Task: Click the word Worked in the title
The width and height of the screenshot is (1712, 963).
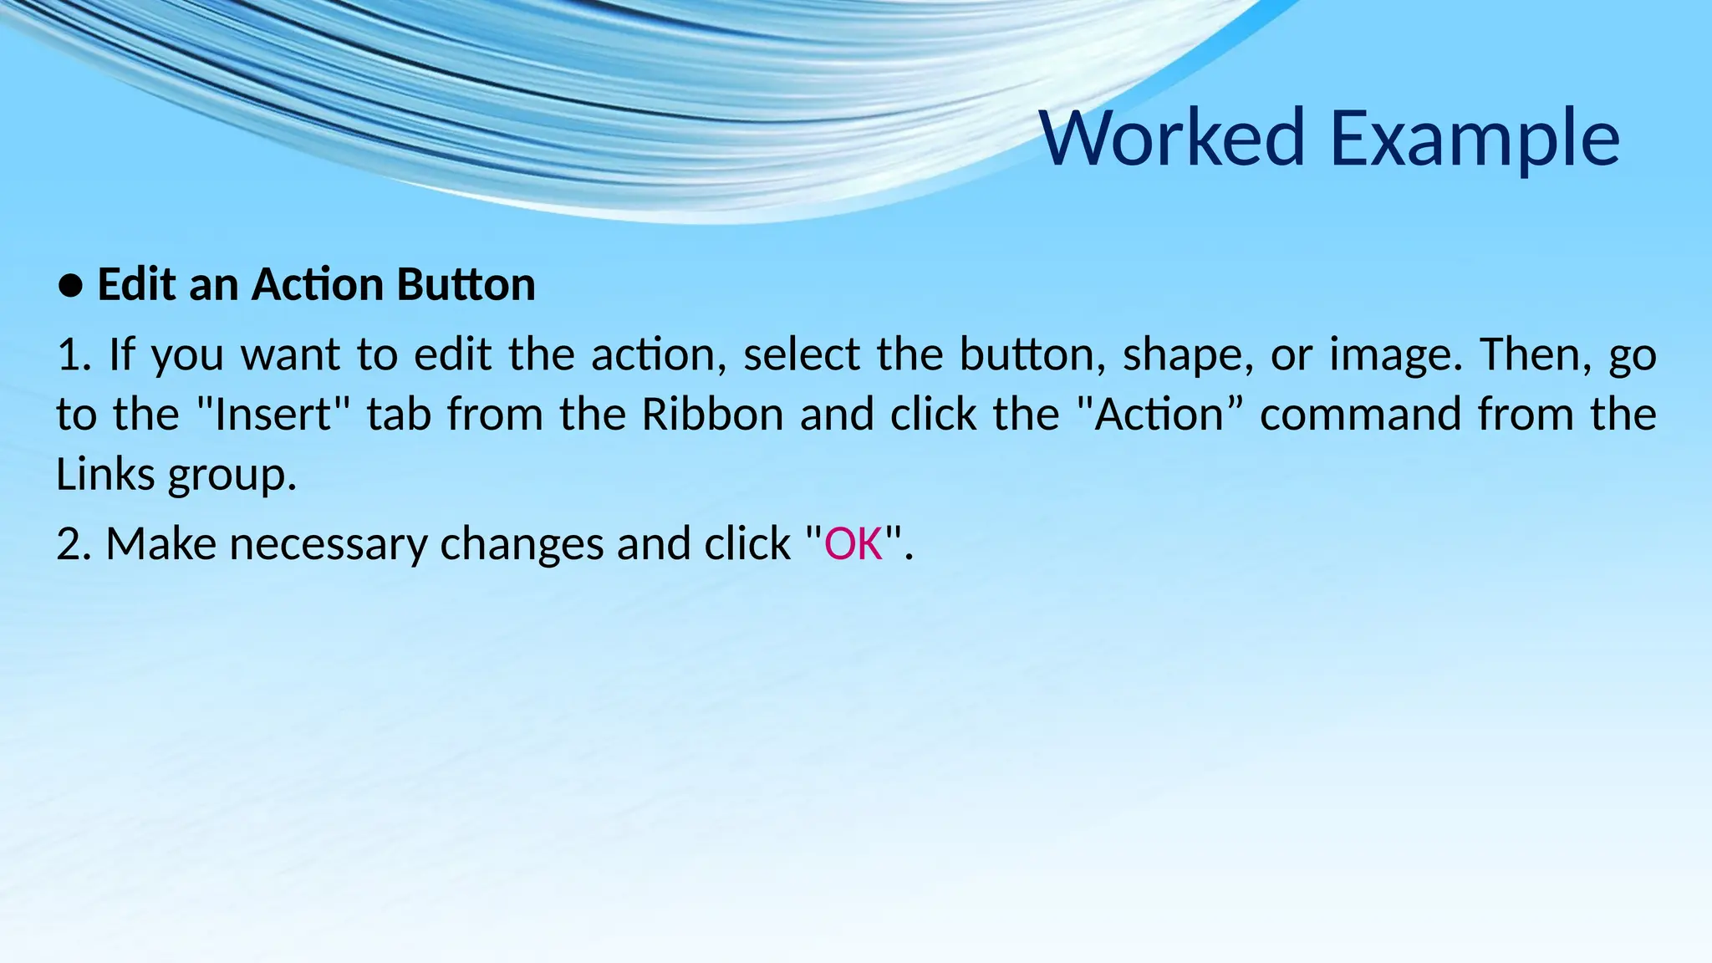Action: (1171, 138)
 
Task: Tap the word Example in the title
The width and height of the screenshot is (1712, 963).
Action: (1475, 138)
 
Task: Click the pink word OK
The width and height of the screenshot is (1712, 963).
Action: (853, 544)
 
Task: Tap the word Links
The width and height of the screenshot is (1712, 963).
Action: (105, 475)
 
